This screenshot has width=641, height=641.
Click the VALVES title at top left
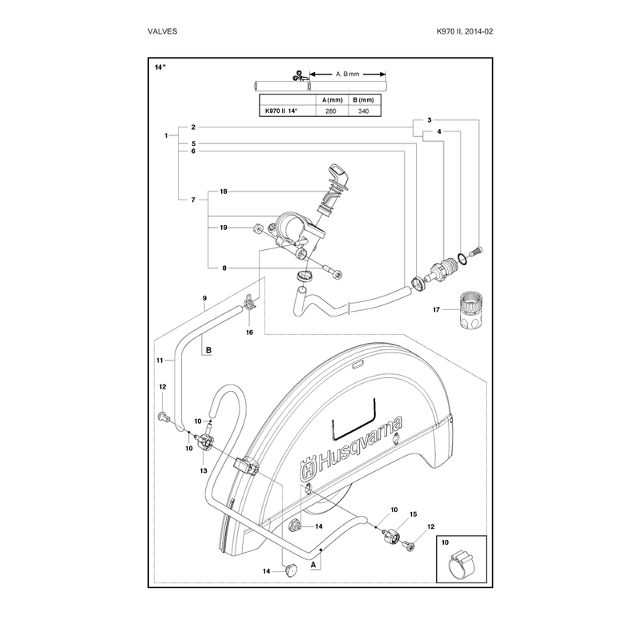pos(163,31)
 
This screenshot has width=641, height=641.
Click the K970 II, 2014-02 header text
pos(465,31)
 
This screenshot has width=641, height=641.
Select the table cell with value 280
pos(331,111)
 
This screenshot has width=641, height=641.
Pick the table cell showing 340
pos(363,111)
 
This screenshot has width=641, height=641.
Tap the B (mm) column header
pos(363,100)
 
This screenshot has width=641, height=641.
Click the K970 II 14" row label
pos(282,111)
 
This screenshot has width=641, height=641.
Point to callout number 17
pos(436,309)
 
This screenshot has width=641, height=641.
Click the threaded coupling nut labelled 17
pos(471,309)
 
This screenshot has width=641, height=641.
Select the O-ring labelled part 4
pos(462,259)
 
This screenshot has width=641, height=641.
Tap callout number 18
pos(224,191)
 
